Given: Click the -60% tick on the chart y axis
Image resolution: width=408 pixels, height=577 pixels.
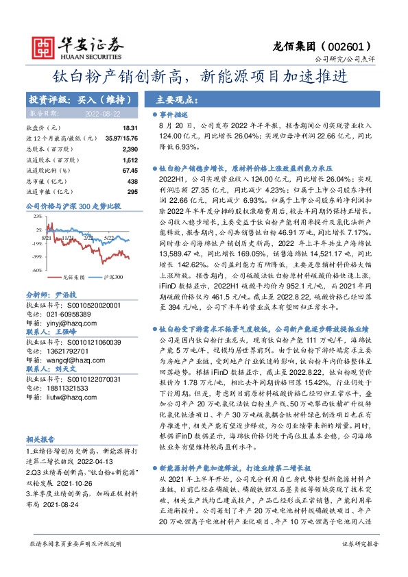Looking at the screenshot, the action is pos(36,271).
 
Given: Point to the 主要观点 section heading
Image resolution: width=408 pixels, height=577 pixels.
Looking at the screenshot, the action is pos(167,98).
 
